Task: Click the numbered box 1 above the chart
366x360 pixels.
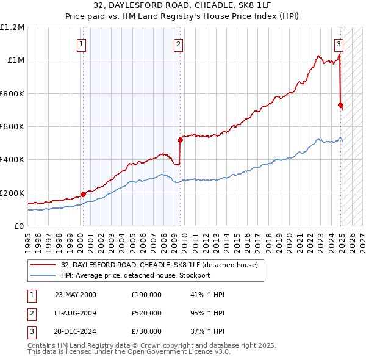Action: point(82,44)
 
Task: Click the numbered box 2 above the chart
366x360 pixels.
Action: point(178,44)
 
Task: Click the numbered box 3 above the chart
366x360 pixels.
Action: point(339,44)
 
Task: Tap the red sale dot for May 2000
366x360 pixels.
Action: point(83,195)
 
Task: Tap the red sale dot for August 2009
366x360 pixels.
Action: point(180,140)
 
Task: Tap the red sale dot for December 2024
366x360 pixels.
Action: point(340,105)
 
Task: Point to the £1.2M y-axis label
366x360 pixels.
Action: point(12,27)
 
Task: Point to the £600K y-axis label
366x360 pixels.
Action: point(12,127)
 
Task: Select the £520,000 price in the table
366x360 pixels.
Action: point(146,314)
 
